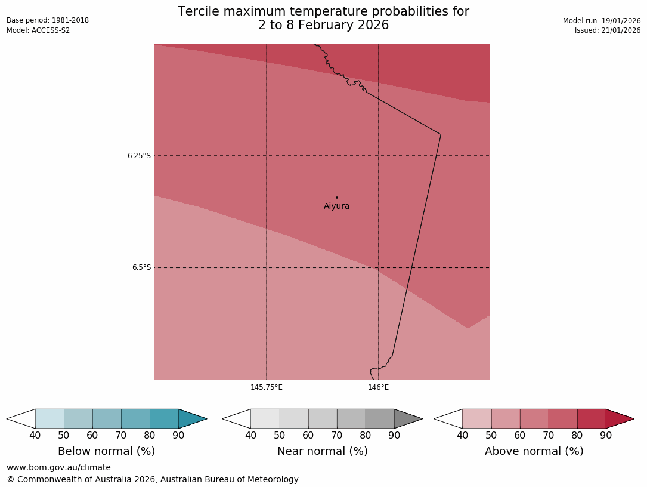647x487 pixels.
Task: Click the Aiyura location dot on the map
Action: point(337,198)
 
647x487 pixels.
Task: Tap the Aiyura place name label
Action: point(337,206)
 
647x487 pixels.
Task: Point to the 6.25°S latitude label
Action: point(139,156)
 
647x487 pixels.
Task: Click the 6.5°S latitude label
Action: point(141,268)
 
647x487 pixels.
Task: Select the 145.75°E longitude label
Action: point(267,387)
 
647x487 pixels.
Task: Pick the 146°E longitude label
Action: point(378,387)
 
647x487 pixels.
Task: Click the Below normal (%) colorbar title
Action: point(106,451)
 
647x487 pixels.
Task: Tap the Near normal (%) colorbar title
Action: point(322,451)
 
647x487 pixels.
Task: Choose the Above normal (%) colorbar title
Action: point(534,451)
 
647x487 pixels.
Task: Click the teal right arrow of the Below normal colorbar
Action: point(191,419)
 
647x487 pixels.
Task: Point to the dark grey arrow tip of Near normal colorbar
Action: point(407,419)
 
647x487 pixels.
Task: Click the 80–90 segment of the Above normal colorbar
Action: point(592,419)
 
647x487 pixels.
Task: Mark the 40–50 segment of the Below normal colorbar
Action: point(49,419)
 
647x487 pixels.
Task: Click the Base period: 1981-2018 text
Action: point(48,20)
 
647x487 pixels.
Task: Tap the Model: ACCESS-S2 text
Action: point(38,30)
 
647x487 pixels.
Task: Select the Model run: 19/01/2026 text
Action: point(602,21)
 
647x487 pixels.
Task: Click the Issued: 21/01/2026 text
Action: point(608,30)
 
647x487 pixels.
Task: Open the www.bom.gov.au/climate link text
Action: point(58,468)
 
